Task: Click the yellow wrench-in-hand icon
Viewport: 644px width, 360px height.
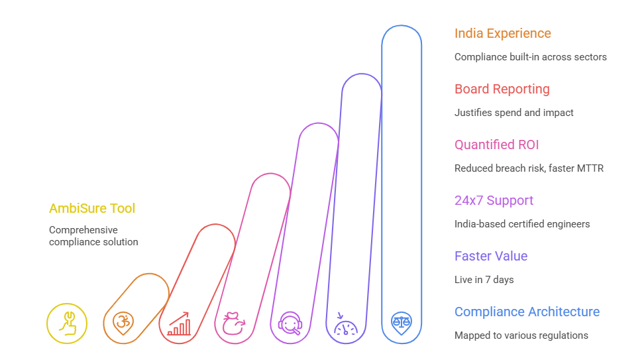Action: [x=67, y=324]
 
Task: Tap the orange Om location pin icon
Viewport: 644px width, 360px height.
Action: [x=123, y=324]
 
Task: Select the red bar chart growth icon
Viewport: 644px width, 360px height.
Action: [x=179, y=324]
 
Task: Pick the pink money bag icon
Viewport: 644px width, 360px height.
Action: [x=235, y=324]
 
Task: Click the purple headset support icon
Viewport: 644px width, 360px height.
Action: [x=290, y=324]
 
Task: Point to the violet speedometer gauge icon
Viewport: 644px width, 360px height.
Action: [x=346, y=324]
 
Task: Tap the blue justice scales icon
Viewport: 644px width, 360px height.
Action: [x=402, y=324]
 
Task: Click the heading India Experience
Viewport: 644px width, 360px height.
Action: [x=502, y=33]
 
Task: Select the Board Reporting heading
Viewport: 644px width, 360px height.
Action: [x=502, y=89]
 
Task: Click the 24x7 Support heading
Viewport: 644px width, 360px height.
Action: [x=494, y=200]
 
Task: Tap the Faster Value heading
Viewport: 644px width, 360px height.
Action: [x=490, y=256]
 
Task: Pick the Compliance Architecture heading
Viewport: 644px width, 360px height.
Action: [x=527, y=312]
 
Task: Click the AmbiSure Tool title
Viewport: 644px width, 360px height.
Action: [x=92, y=208]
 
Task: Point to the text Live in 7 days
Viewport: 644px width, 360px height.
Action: [x=484, y=280]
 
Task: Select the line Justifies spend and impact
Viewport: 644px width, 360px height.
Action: [x=513, y=113]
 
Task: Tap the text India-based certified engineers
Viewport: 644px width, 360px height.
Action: [x=521, y=224]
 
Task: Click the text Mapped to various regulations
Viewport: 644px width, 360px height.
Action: [x=521, y=335]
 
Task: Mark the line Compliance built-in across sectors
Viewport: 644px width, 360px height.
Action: [x=530, y=57]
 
